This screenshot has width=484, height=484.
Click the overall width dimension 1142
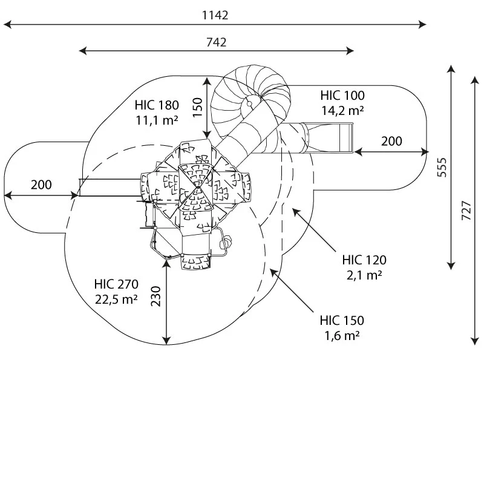[215, 15]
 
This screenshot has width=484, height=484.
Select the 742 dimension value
[216, 42]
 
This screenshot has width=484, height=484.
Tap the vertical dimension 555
[442, 168]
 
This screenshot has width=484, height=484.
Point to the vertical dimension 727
[466, 211]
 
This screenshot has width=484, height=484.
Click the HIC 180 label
[157, 105]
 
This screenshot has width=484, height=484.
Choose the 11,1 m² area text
[157, 120]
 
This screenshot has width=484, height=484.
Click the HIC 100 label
[342, 96]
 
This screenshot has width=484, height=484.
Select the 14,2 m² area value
[342, 111]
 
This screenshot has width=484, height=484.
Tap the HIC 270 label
[116, 284]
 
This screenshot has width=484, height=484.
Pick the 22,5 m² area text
[116, 299]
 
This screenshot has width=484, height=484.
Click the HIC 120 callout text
[364, 260]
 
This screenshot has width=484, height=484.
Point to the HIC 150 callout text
[342, 321]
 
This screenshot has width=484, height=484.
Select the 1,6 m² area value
[342, 336]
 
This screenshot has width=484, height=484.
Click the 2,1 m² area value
[364, 275]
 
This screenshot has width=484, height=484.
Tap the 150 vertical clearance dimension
[197, 108]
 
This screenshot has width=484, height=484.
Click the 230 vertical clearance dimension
[156, 296]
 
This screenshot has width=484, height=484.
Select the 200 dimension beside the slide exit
[391, 142]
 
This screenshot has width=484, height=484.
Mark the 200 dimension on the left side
[41, 185]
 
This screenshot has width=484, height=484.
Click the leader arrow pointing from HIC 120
[314, 230]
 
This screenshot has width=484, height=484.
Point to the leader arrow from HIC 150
[292, 290]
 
